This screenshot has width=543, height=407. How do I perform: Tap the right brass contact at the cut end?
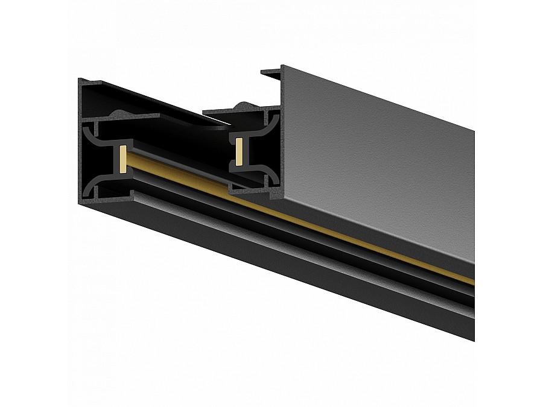click(240, 152)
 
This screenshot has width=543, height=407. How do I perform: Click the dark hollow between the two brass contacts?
click(181, 145)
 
